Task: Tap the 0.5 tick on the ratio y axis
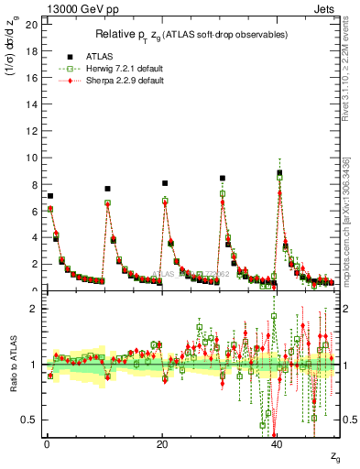pyautogui.click(x=28, y=420)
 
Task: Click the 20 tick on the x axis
pyautogui.click(x=162, y=445)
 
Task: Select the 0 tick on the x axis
pyautogui.click(x=47, y=445)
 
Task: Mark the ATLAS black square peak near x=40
pyautogui.click(x=279, y=172)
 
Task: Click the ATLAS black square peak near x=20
pyautogui.click(x=165, y=183)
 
